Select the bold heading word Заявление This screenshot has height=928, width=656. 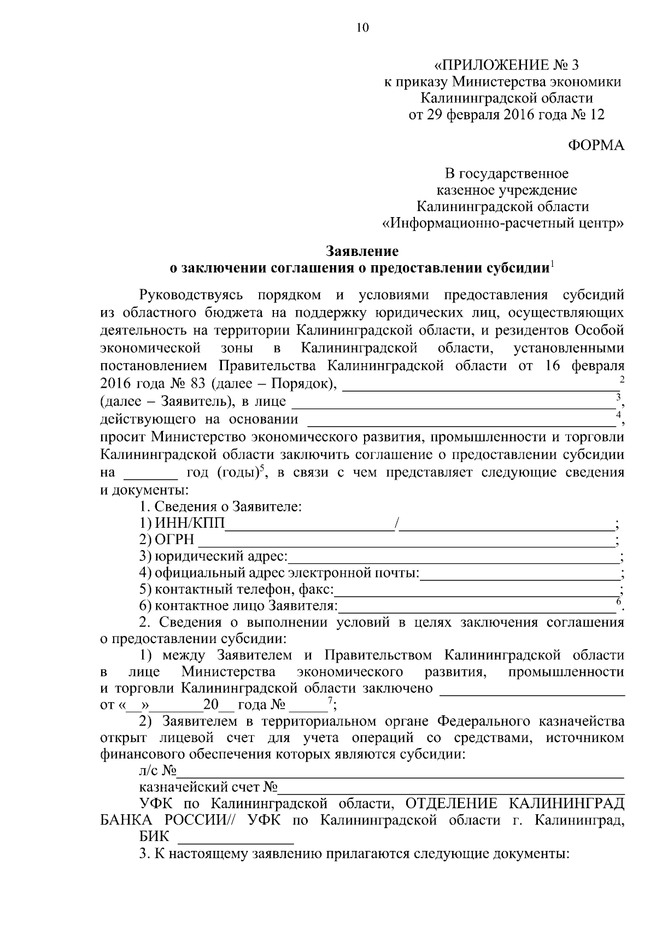coord(362,251)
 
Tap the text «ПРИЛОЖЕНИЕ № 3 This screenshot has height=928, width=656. coord(506,66)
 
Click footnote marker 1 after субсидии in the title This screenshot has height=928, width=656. coord(553,265)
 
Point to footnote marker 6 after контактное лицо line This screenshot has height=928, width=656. coord(618,601)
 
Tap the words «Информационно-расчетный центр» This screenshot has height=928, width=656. coord(502,224)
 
